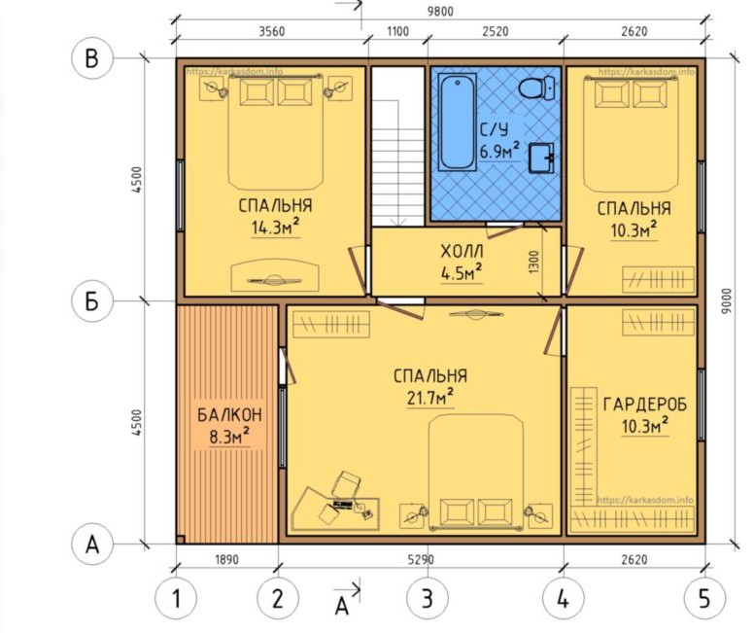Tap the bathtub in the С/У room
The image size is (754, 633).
point(457,123)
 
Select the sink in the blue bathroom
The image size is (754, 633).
point(541,158)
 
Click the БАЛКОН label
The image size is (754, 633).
point(230,415)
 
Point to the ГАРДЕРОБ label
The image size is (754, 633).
point(645,404)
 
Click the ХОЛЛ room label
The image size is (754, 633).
point(462,251)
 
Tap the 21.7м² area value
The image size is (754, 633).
point(430,398)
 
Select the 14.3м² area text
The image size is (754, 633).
point(276,227)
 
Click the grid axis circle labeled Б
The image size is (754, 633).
point(92,301)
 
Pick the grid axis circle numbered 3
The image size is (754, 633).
point(427,599)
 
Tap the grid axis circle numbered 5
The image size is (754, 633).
point(704,599)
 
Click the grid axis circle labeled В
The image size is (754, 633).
point(92,58)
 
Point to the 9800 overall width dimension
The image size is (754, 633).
point(440,11)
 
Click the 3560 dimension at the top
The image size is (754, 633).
point(272,31)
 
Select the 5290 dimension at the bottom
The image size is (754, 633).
point(421,560)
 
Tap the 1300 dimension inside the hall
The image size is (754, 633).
point(534,263)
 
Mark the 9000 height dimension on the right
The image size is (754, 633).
point(727,300)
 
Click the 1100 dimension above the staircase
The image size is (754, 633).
point(398,31)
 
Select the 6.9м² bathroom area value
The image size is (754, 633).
point(499,151)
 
